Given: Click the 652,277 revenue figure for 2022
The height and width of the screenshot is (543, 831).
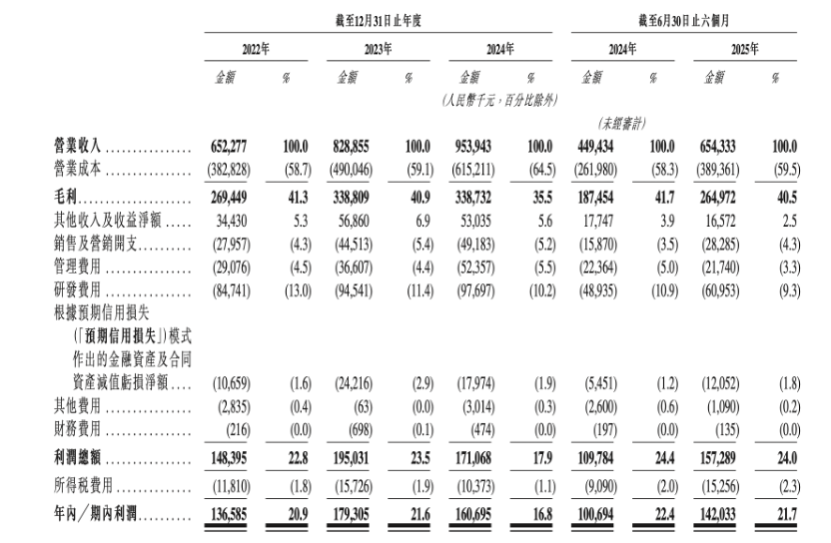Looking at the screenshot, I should [x=235, y=148].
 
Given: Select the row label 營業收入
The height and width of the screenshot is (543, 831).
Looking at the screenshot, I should [x=82, y=148].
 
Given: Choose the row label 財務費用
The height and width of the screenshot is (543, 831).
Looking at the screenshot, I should [x=82, y=429].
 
